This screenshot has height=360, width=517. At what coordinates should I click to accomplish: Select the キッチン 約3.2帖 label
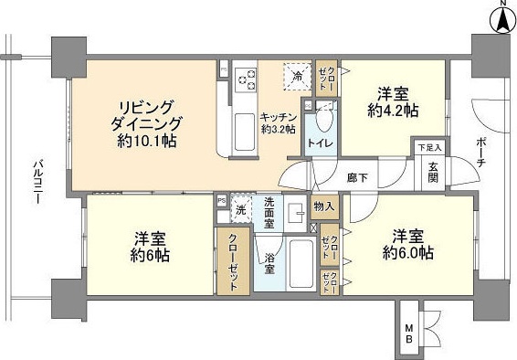(x=278, y=122)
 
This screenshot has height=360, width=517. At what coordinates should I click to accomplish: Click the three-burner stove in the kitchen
(x=246, y=79)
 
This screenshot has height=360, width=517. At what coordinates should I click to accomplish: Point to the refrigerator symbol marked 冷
(x=296, y=78)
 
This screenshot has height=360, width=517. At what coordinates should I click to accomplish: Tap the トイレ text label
(x=320, y=144)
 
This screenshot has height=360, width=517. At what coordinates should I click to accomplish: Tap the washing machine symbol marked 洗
(x=240, y=209)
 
